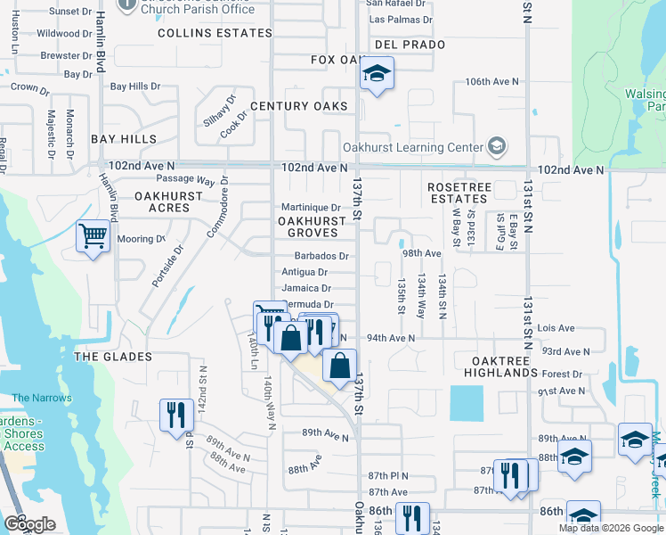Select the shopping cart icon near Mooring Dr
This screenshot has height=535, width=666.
tap(93, 237)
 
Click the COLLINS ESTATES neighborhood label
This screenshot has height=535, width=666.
tap(215, 33)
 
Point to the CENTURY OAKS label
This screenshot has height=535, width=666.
tap(298, 106)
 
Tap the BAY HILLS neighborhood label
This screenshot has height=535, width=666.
tap(124, 139)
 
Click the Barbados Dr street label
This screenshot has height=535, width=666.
tap(313, 256)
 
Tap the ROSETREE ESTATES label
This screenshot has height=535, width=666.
tap(459, 193)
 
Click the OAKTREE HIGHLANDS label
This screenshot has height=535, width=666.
tap(500, 366)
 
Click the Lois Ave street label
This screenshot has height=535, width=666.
tap(556, 328)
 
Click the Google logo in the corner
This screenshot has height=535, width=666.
tap(29, 524)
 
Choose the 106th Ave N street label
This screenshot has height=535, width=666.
tap(492, 82)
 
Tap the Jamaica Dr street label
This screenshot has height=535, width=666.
tap(306, 289)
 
